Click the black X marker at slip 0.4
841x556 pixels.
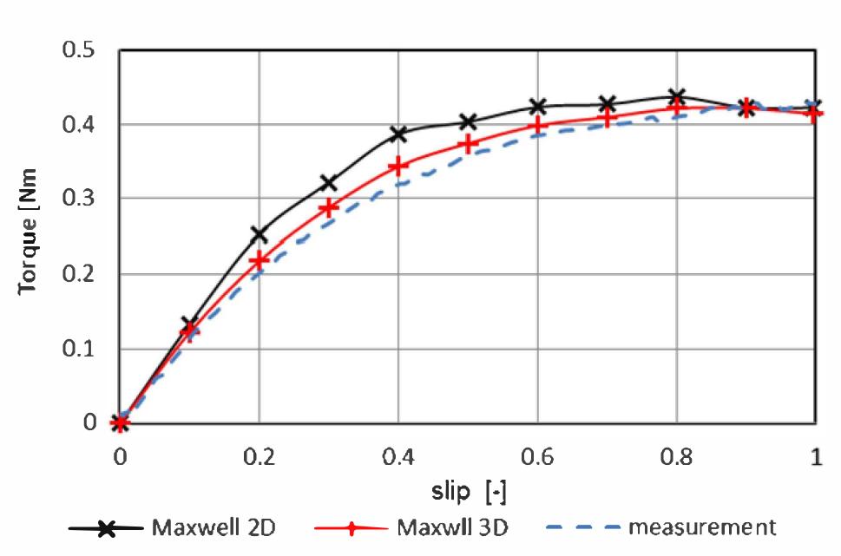pyautogui.click(x=398, y=134)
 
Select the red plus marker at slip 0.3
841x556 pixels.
pyautogui.click(x=328, y=208)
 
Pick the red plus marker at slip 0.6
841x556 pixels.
pyautogui.click(x=538, y=126)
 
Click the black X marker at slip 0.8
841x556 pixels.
pyautogui.click(x=677, y=96)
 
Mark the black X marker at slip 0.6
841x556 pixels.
pyautogui.click(x=538, y=107)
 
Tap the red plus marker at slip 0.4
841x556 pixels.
pyautogui.click(x=398, y=166)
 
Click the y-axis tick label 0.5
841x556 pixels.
pyautogui.click(x=80, y=49)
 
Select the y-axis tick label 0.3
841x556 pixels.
pyautogui.click(x=80, y=199)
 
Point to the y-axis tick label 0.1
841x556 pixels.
pyautogui.click(x=80, y=349)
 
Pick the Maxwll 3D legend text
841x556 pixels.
pyautogui.click(x=451, y=527)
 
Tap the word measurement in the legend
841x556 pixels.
pyautogui.click(x=702, y=527)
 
